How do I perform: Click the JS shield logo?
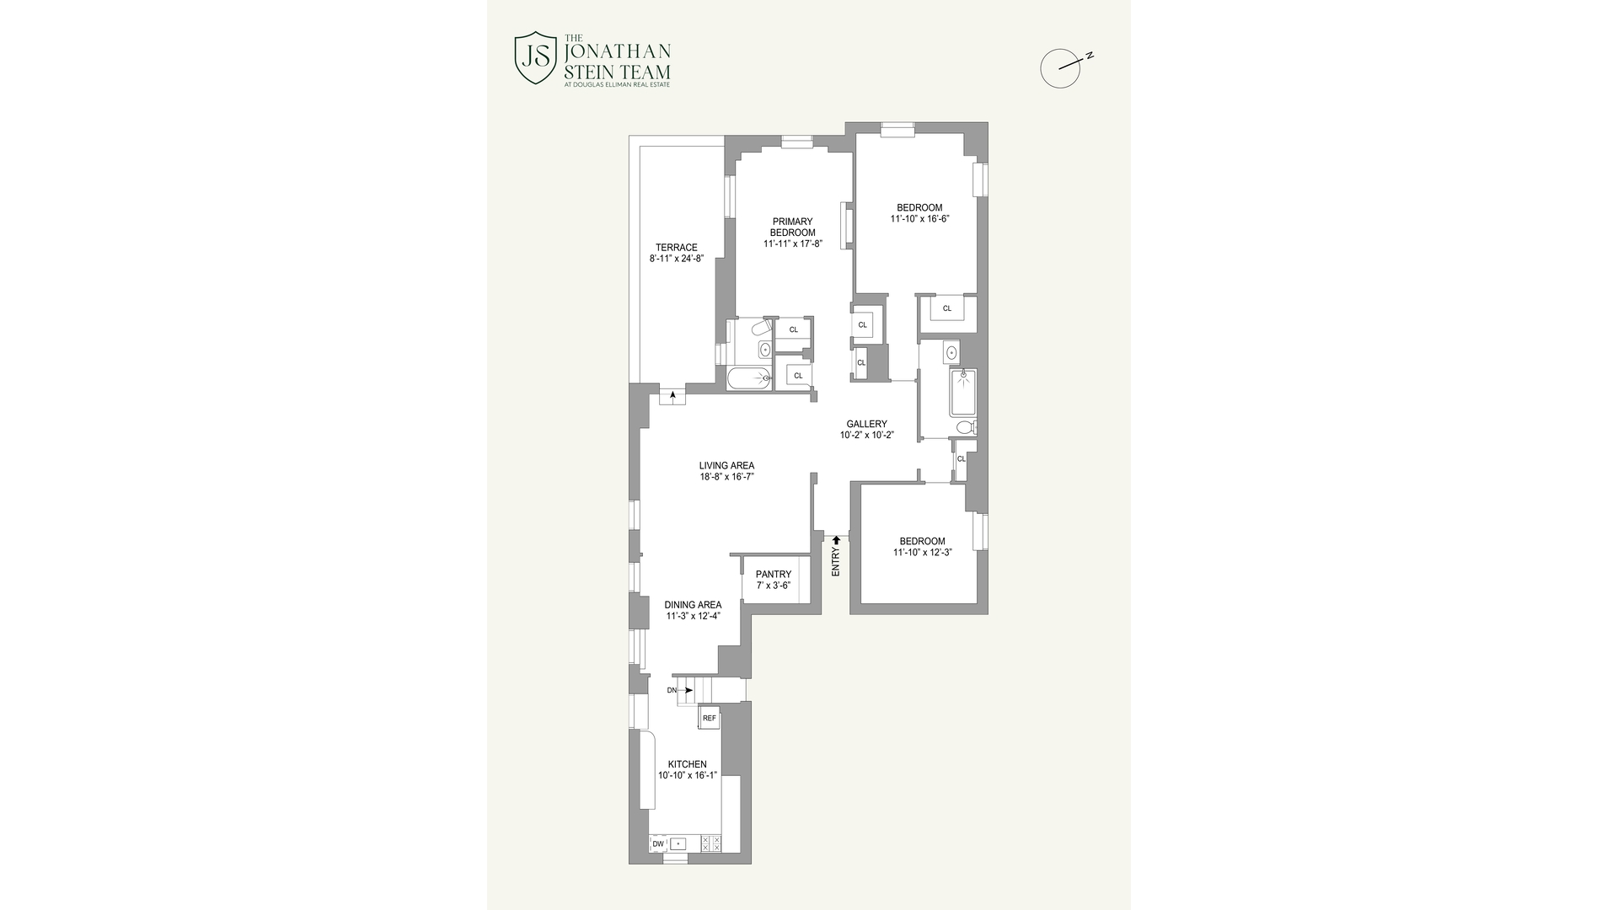pos(535,58)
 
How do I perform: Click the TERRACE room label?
pos(676,248)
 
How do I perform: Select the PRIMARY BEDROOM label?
pos(792,227)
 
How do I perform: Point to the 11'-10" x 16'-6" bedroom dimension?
pos(919,219)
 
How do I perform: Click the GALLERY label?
pos(866,425)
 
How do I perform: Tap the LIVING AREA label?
pos(726,466)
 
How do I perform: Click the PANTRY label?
pos(773,575)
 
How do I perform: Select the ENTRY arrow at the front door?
pos(836,540)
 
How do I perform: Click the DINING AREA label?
pos(693,605)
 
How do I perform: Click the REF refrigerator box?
pos(709,718)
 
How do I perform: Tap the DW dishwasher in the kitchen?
pos(658,843)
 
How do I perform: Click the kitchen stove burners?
pos(711,843)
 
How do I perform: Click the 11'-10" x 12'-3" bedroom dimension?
pos(922,553)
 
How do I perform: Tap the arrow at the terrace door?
pos(672,394)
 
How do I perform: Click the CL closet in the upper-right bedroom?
pos(946,308)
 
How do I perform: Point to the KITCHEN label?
pos(687,764)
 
